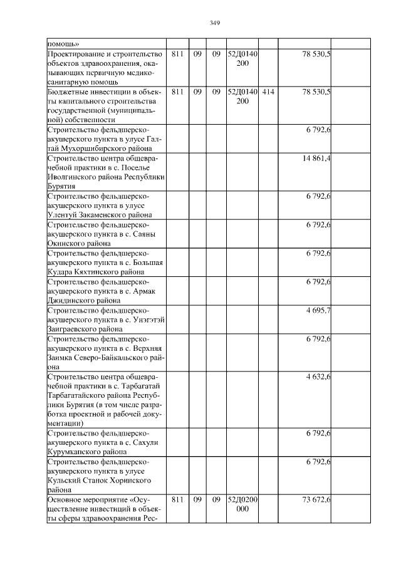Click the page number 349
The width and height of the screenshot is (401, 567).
(214, 23)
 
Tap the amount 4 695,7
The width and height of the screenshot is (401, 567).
(318, 310)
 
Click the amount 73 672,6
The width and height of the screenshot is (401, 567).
(316, 500)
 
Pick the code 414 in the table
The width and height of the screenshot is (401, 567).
(268, 91)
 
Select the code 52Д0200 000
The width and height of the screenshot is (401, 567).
(242, 504)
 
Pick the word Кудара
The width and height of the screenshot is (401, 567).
(60, 273)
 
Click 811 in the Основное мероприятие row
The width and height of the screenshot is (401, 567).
(177, 500)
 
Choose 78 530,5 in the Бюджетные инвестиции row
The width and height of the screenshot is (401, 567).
(316, 91)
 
